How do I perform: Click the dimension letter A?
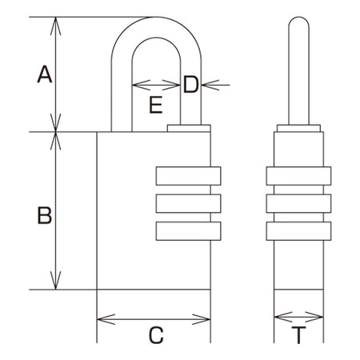point(45,74)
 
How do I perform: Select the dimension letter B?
point(45,215)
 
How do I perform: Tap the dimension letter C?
point(156,335)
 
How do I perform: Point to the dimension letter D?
point(191,84)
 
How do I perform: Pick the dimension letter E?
point(156,105)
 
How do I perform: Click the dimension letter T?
point(298,335)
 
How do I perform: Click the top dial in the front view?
point(188,176)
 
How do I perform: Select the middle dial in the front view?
point(188,203)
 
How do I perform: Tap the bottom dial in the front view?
point(188,231)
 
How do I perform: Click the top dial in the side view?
point(298,176)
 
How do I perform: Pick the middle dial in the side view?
point(298,203)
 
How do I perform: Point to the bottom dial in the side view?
point(298,231)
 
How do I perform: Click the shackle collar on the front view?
point(189,128)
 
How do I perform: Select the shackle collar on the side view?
point(298,128)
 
